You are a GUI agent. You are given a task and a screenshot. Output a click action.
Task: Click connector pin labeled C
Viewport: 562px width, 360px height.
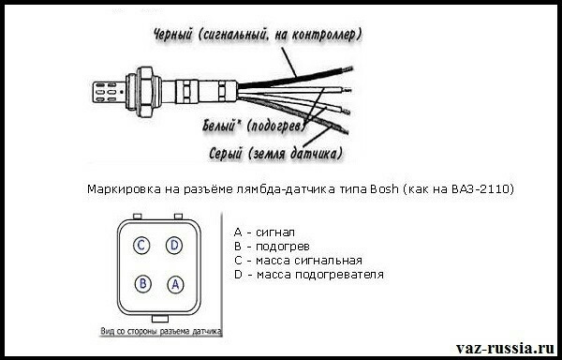point(141,246)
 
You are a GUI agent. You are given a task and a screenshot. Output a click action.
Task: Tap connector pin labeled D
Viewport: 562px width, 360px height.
point(174,246)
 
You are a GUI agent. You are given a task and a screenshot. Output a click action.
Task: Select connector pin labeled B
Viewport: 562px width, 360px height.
point(142,284)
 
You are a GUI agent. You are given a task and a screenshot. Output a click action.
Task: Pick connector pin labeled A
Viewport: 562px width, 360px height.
point(175,284)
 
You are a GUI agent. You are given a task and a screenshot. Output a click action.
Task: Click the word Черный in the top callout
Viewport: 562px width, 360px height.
point(173,35)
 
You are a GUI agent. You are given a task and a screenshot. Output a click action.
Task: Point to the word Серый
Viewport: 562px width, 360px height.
point(225,154)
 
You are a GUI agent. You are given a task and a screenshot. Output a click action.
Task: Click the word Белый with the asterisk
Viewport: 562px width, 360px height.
point(221,127)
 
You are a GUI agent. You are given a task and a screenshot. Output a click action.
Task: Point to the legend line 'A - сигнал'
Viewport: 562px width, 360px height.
point(264,232)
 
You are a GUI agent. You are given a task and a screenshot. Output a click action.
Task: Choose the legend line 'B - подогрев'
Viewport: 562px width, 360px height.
point(272,247)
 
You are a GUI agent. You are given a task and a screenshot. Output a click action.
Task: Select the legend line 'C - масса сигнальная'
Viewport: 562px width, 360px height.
point(298,261)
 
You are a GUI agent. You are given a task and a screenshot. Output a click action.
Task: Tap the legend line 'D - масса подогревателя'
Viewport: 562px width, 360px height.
point(309,275)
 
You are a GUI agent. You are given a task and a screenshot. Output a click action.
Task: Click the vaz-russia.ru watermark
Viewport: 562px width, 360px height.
point(506,348)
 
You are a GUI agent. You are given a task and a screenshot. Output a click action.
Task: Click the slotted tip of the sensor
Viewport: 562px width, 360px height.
point(109,93)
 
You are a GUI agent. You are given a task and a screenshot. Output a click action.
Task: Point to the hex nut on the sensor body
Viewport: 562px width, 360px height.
point(146,91)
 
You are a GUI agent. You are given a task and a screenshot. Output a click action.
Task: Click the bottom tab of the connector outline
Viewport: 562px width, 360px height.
point(160,319)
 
